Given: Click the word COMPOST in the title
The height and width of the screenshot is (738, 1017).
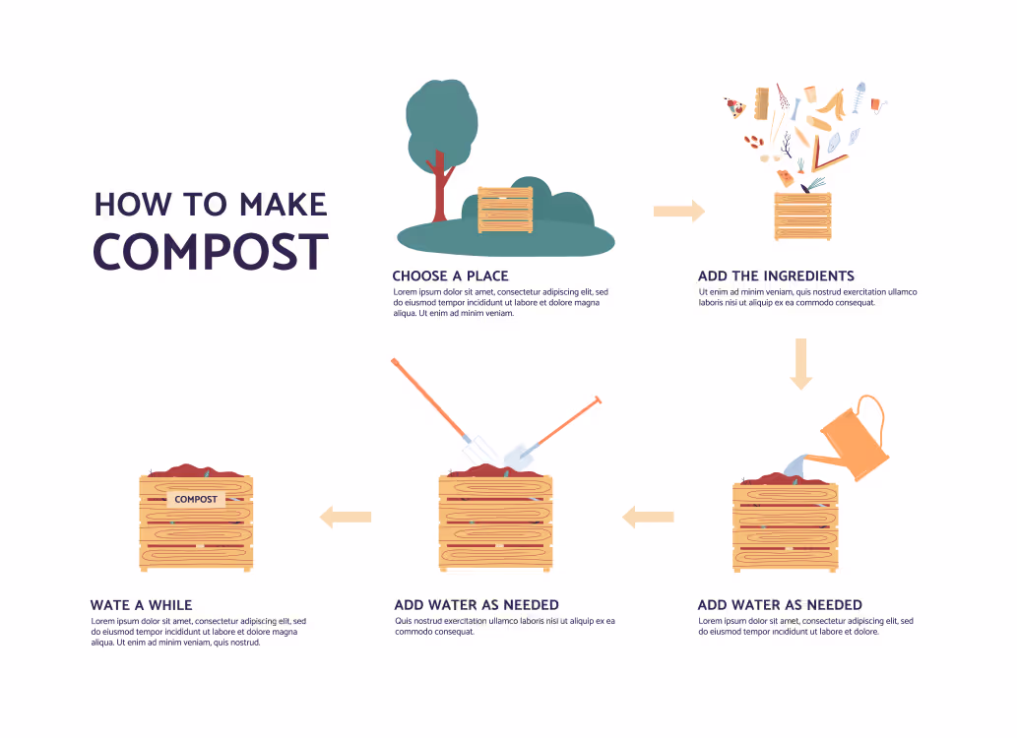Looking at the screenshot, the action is tap(211, 252).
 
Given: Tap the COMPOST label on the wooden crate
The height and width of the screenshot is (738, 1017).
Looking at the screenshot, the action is tap(196, 499).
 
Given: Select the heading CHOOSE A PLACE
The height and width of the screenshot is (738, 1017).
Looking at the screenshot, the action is tap(450, 276).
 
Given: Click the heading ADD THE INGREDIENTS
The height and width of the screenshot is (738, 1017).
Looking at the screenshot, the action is tap(776, 276).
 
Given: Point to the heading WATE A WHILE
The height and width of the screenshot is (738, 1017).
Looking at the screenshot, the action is tap(142, 605).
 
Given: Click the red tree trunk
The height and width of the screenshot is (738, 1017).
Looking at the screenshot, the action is tap(440, 187).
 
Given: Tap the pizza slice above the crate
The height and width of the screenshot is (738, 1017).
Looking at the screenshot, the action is tap(734, 107).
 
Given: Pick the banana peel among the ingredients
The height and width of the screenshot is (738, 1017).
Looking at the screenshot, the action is tap(833, 103).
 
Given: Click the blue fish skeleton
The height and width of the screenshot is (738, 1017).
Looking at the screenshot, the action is tap(859, 96).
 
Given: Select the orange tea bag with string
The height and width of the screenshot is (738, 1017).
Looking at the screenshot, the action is tap(877, 105).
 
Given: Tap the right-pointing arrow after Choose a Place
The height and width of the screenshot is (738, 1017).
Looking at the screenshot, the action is tap(679, 211).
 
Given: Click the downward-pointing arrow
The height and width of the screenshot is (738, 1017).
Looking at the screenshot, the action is tap(801, 364).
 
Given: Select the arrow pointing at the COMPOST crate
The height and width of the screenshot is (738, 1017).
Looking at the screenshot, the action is tap(345, 517).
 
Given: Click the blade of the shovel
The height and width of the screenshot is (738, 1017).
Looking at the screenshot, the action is tap(518, 457).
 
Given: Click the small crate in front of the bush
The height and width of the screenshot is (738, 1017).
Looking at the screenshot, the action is tap(505, 210).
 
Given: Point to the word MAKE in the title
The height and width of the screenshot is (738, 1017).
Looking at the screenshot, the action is tap(283, 205).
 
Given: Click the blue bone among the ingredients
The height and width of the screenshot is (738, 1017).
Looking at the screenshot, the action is tap(795, 109).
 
